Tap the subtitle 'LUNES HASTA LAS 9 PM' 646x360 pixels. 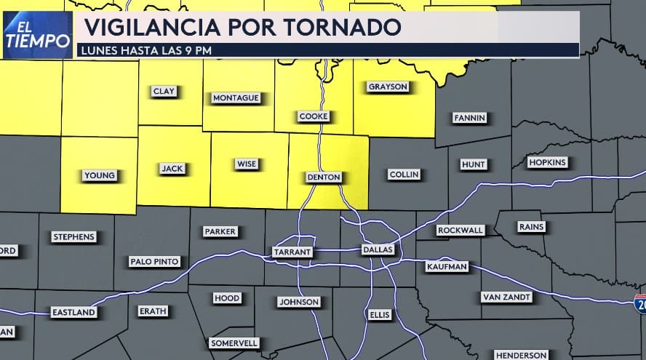tap(148, 50)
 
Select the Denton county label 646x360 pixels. tap(323, 177)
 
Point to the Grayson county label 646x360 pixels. tap(388, 87)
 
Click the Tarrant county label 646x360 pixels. tap(292, 252)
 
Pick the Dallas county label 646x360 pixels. tap(378, 249)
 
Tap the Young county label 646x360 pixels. tap(100, 175)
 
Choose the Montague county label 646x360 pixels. tap(235, 97)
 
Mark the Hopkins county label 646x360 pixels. tap(547, 162)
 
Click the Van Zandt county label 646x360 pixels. tap(506, 297)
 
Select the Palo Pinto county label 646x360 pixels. tap(154, 261)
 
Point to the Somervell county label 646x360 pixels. tap(234, 343)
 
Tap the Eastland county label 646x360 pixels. tap(73, 312)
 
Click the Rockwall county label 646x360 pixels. tap(460, 230)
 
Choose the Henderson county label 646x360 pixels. tap(521, 355)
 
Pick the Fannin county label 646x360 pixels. tap(468, 117)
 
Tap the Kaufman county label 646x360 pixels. tap(446, 267)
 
